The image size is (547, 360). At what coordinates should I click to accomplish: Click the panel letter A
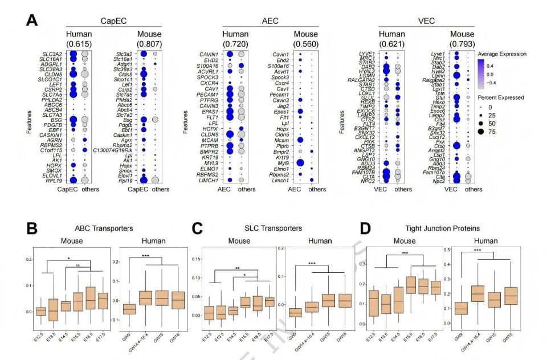tap(34, 21)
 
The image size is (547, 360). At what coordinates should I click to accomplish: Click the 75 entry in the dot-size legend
tap(502, 133)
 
